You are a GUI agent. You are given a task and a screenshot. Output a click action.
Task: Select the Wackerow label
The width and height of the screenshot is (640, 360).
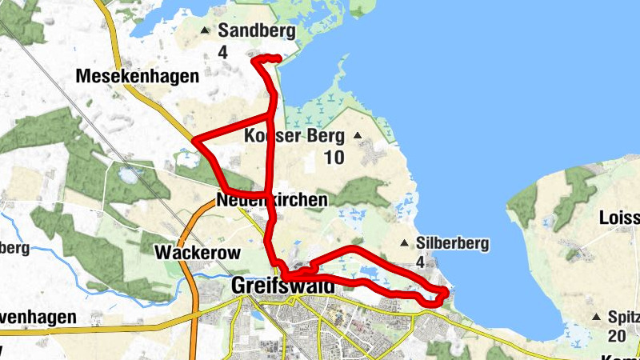197,253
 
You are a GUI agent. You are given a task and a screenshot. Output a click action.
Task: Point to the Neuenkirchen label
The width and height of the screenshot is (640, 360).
271,200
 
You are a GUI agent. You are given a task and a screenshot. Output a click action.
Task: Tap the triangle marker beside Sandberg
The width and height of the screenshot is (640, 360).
205,31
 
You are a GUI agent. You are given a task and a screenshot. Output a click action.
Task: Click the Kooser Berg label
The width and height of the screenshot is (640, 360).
296,136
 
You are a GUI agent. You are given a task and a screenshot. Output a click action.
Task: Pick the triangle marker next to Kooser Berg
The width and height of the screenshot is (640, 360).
357,135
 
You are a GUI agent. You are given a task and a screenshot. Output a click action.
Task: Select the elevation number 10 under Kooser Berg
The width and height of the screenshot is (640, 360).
334,158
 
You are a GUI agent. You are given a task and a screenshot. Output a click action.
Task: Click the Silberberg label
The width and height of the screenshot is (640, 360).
453,243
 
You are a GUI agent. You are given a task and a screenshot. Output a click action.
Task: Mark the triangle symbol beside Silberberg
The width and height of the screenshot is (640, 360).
405,243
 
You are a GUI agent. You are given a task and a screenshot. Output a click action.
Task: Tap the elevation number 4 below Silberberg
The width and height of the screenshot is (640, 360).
420,262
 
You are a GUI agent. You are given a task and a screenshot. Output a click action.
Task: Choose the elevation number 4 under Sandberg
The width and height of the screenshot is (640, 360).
222,52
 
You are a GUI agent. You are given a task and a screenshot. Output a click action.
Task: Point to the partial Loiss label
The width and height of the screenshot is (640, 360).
619,218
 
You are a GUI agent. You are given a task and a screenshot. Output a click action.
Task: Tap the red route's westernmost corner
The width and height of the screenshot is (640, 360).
194,142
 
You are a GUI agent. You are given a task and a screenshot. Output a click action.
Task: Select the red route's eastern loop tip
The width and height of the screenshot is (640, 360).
445,294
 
